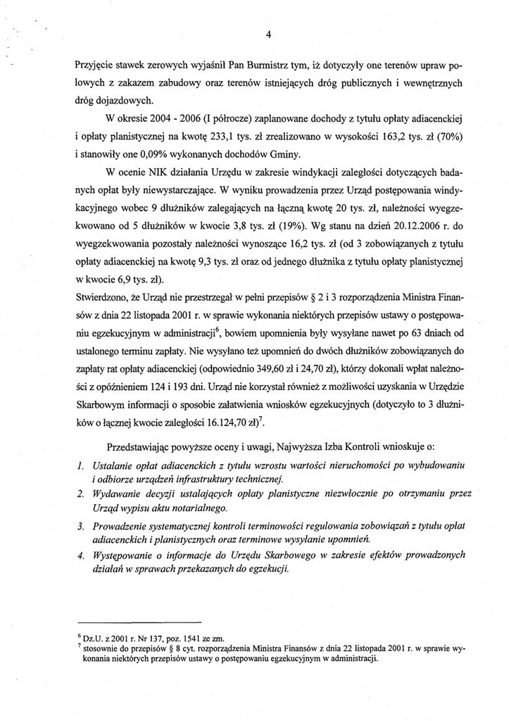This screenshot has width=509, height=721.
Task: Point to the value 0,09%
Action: [x=151, y=151]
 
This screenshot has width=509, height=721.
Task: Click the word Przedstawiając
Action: [x=140, y=446]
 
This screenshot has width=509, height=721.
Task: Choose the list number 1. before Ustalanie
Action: [x=81, y=465]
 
